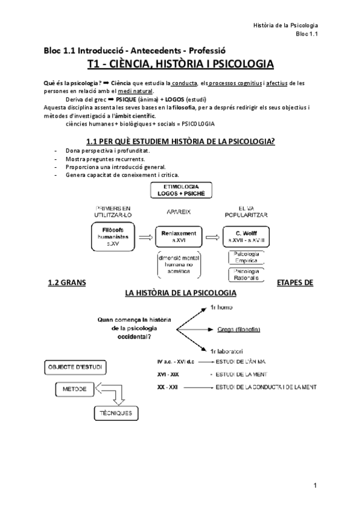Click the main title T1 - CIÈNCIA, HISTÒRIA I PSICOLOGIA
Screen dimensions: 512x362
pyautogui.click(x=180, y=64)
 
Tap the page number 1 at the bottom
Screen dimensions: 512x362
pyautogui.click(x=315, y=485)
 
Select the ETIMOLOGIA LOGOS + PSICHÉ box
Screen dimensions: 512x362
pyautogui.click(x=180, y=190)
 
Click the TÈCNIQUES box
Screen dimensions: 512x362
pyautogui.click(x=115, y=413)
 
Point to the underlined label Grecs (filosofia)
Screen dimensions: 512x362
pyautogui.click(x=238, y=329)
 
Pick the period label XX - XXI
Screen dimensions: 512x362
pyautogui.click(x=167, y=386)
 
